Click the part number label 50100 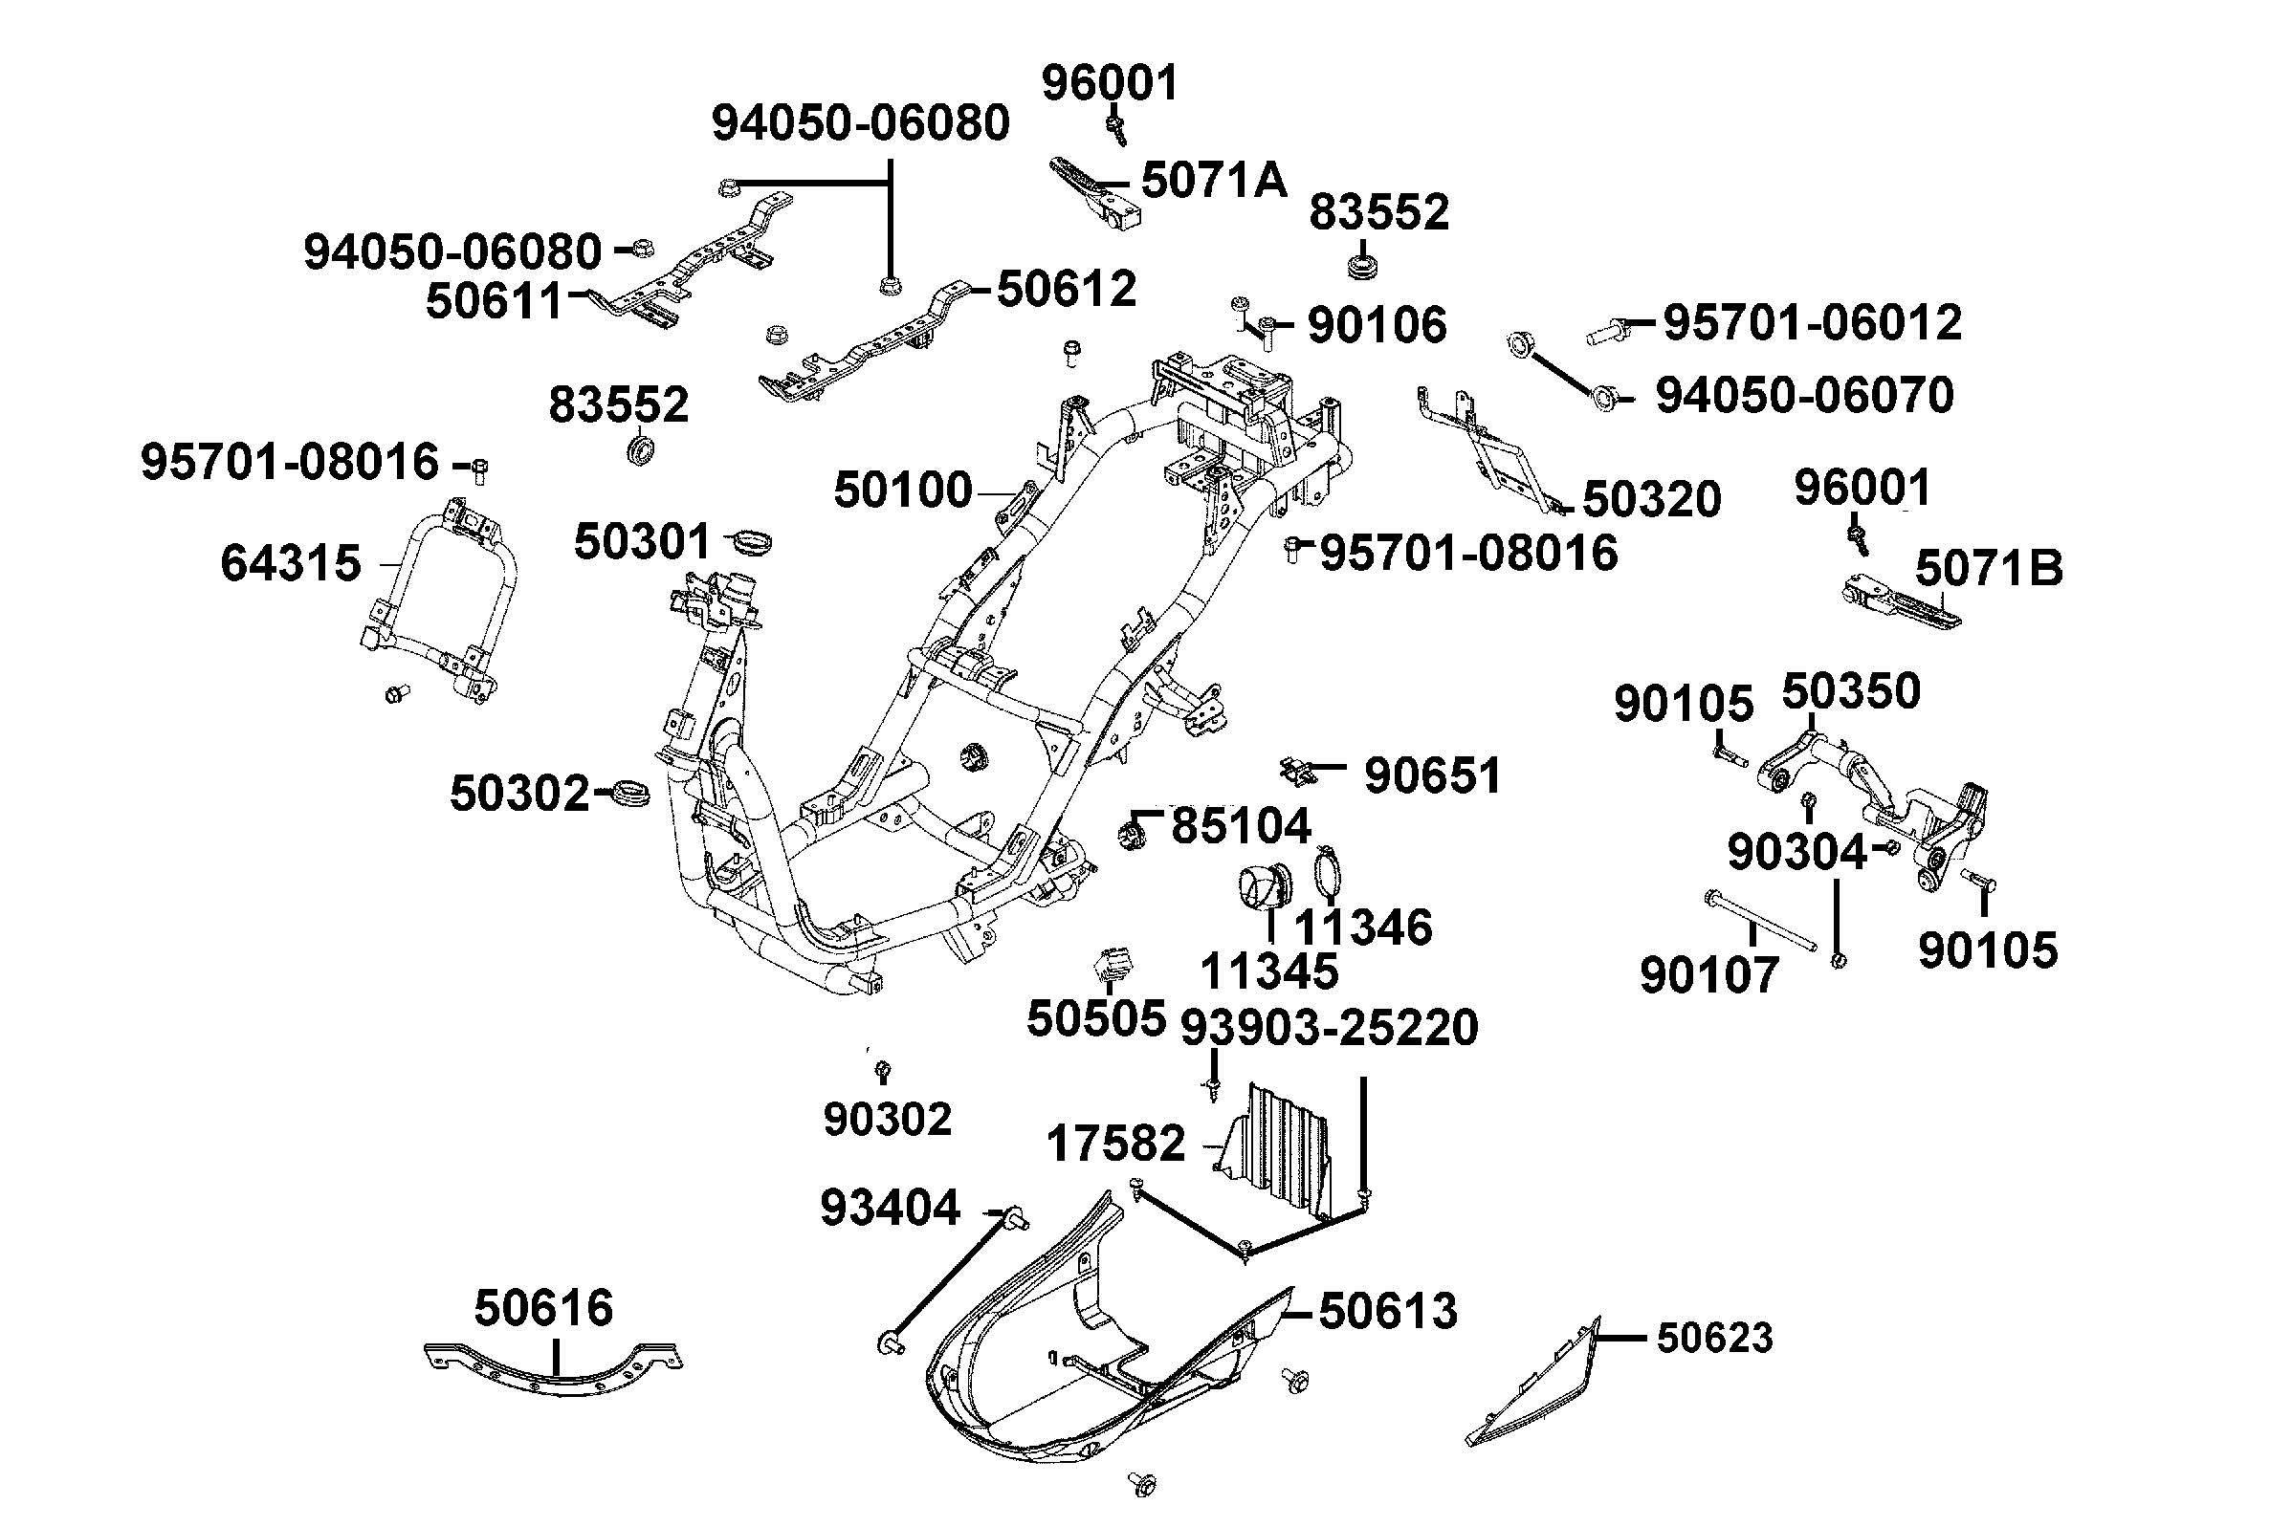(903, 490)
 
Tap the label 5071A (1213, 181)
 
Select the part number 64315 (290, 563)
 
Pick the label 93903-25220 (1329, 1028)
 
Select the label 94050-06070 (1804, 396)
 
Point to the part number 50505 (1096, 1018)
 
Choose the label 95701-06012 (1812, 322)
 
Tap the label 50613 (1387, 1311)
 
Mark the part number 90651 (1432, 775)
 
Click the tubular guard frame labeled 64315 (438, 603)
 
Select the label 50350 (1850, 691)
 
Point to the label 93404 (891, 1208)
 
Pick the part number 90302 (887, 1120)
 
